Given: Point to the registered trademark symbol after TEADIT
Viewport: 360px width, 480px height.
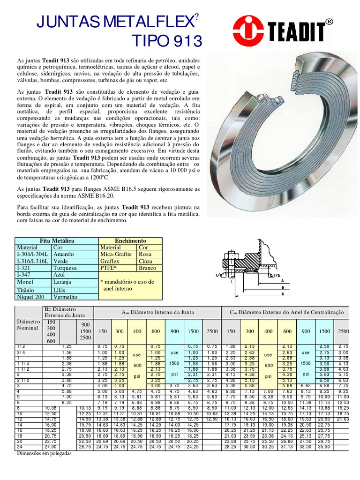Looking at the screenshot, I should [329, 22].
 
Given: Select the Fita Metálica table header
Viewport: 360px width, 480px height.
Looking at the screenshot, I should [57, 240].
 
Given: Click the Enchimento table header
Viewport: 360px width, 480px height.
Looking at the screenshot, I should [130, 240].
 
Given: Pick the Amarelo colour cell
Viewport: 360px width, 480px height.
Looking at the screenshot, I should [65, 254].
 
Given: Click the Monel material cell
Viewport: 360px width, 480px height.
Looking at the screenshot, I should [24, 282].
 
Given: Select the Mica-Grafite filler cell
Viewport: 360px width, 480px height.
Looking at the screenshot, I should [117, 254].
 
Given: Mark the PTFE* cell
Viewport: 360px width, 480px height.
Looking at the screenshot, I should [111, 268].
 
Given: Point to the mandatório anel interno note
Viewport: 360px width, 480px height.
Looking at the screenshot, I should [127, 285].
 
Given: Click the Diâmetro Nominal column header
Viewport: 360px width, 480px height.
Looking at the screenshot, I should [29, 326].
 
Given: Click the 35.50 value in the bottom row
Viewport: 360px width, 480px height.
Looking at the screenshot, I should [323, 447].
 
